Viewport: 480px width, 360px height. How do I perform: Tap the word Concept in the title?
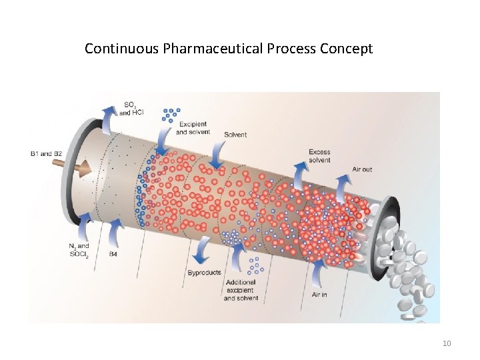[x=347, y=49]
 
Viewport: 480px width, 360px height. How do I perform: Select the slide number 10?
[x=447, y=343]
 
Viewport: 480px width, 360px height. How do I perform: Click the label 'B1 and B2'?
[x=46, y=155]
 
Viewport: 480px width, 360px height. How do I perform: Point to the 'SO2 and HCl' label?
[x=133, y=108]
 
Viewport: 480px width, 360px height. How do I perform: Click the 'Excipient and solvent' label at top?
[x=192, y=128]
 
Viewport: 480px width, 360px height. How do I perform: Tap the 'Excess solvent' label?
[x=319, y=156]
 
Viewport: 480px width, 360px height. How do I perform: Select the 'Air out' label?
[x=362, y=169]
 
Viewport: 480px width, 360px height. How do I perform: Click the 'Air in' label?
[x=319, y=294]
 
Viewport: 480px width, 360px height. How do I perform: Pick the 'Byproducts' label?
[x=204, y=273]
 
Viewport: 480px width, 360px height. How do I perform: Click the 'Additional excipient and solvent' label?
[x=241, y=291]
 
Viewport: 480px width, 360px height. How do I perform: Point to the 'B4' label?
[x=113, y=255]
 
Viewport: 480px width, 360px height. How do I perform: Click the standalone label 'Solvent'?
[x=235, y=135]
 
